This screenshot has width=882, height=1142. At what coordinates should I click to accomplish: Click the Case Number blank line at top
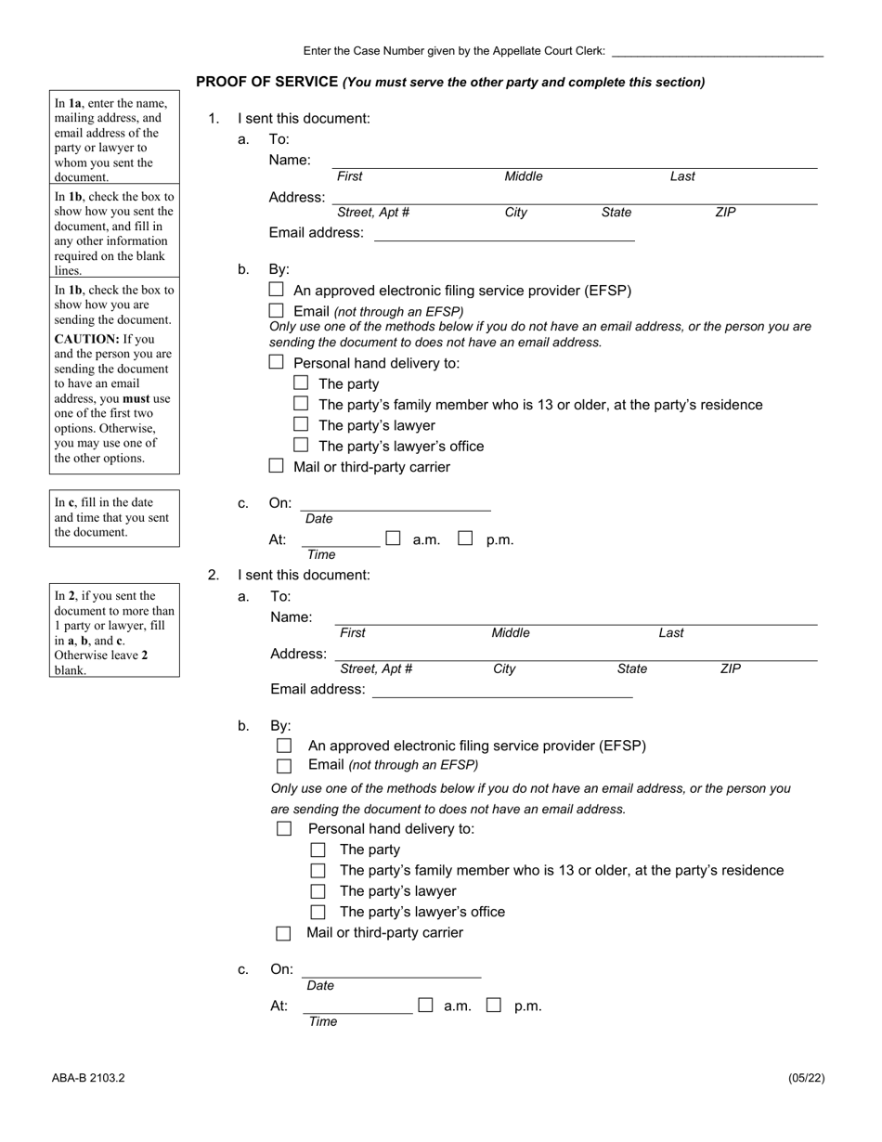717,52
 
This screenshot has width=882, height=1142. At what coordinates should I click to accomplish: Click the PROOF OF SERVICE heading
266,82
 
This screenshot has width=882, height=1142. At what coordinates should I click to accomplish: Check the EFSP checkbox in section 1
276,290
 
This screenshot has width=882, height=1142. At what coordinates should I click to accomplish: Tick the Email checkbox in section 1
276,311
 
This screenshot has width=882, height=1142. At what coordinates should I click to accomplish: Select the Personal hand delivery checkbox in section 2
284,828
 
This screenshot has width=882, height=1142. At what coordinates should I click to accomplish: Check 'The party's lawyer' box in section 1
301,424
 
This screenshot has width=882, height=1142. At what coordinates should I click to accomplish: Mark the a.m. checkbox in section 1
394,539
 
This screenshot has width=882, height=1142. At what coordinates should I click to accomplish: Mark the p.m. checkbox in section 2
494,1005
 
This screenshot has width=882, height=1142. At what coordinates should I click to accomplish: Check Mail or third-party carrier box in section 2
284,933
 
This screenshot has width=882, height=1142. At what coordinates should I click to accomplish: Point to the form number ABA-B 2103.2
88,1078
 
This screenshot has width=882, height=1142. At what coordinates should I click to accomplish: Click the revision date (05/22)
806,1078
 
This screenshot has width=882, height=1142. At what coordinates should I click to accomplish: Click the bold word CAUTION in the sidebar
86,339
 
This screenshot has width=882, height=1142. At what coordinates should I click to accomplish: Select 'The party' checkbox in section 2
318,850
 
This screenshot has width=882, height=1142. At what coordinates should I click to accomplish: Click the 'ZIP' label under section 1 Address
725,213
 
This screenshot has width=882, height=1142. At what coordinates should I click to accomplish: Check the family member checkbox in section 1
301,404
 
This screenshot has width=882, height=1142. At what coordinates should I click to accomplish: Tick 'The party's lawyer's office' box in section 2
318,912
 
